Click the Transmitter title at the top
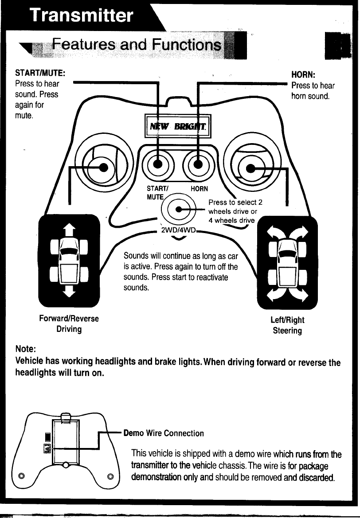[x=81, y=16]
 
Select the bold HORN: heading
[x=303, y=75]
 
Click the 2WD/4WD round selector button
[x=179, y=209]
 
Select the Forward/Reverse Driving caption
[x=68, y=324]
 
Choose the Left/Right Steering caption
[x=287, y=325]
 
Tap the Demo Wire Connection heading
[x=164, y=433]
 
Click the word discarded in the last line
[x=315, y=478]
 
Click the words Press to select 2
[x=235, y=203]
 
